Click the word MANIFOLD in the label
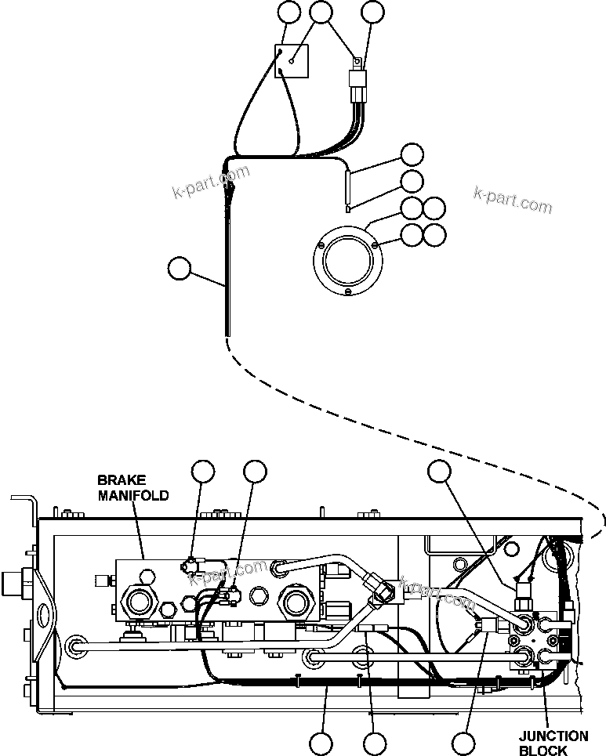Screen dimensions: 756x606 [132, 495]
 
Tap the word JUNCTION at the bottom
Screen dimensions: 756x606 [553, 736]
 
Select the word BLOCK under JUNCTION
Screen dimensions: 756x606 [543, 751]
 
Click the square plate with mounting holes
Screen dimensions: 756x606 [291, 63]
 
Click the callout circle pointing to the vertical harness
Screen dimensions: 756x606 [180, 269]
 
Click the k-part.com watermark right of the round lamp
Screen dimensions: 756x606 [513, 200]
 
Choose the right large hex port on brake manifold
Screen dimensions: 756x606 [296, 602]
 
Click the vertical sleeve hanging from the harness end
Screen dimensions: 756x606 [348, 189]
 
